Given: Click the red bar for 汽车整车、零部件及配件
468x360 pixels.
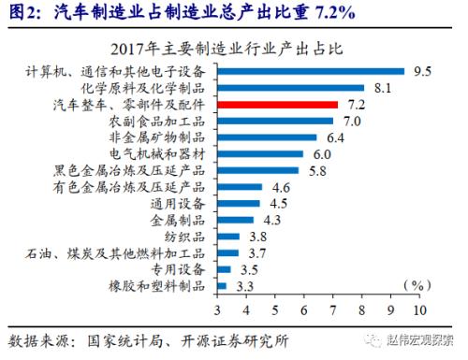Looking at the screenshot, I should click(277, 104).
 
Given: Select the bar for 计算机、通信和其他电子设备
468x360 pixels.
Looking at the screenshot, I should click(311, 70).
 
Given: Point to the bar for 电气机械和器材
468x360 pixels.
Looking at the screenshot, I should click(260, 153).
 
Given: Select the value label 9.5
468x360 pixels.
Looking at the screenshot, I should click(423, 70).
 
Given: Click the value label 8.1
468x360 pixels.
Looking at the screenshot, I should click(382, 87).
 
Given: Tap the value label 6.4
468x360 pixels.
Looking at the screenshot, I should click(335, 137).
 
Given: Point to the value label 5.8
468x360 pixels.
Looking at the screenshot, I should click(318, 171).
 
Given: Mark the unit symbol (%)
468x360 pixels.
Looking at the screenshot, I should click(413, 283).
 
